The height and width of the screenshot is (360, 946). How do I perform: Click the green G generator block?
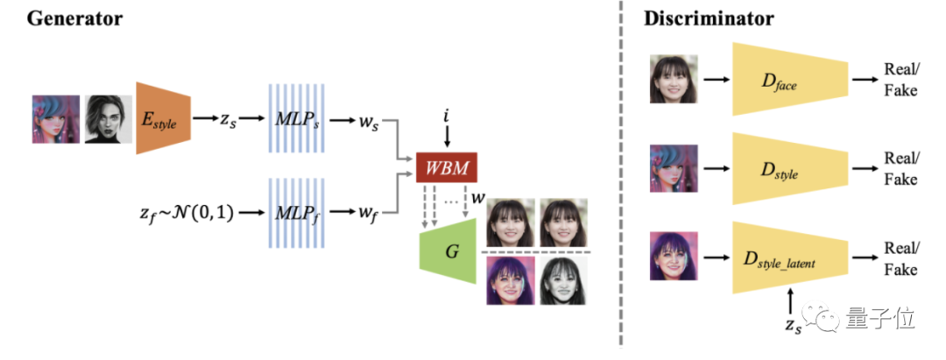pos(452,251)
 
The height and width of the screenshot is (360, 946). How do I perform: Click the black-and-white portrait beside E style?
pos(108,118)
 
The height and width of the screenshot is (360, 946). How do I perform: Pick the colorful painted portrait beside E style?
pos(56,118)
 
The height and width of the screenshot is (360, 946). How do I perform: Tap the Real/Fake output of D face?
pos(900,81)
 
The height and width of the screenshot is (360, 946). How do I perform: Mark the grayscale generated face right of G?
pos(561,280)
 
